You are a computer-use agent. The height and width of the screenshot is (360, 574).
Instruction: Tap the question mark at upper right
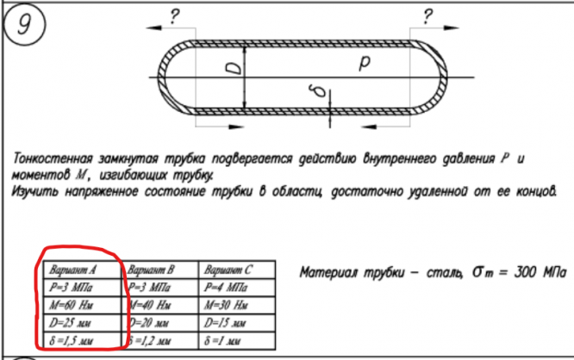(428, 15)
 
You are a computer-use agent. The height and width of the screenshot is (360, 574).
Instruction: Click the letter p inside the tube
(365, 63)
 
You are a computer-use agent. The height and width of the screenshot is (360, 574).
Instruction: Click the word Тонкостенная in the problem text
(52, 158)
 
